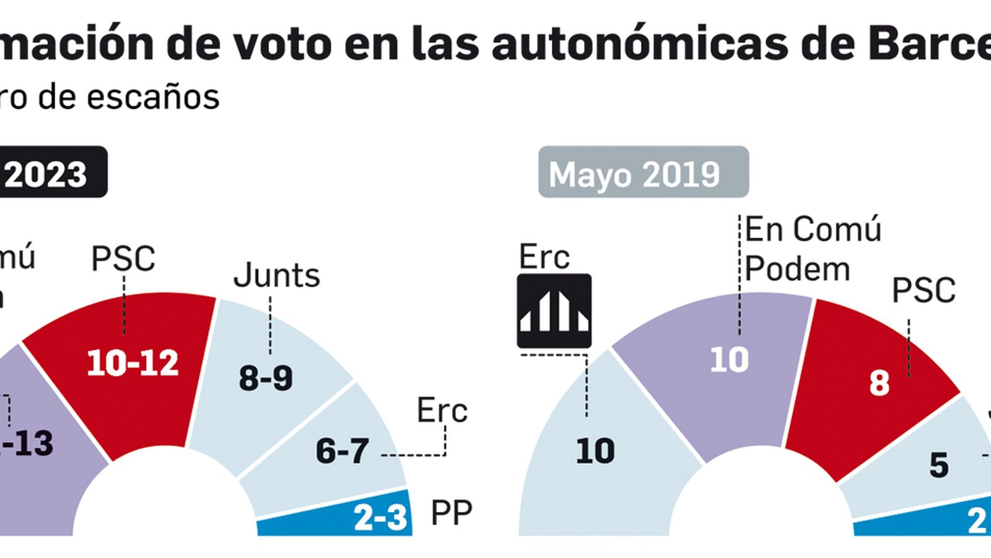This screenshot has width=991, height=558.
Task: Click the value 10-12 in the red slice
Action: pos(133,363)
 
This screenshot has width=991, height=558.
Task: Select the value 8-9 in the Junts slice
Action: pos(266,378)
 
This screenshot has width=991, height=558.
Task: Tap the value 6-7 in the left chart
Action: pos(342,451)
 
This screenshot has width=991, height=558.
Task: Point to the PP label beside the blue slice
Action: pos(451,513)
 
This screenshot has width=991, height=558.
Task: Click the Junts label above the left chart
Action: pos(276,275)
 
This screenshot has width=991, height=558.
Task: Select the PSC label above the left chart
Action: pos(123,259)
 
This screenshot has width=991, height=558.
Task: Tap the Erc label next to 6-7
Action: pos(442,410)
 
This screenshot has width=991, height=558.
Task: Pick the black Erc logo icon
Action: pos(554,311)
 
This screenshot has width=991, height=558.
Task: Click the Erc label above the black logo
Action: pos(544,257)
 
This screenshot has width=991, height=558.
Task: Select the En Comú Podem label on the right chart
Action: pos(811,249)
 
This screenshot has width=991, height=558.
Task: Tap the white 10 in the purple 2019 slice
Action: pos(729,360)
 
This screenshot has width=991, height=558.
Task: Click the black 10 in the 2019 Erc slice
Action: pos(595,451)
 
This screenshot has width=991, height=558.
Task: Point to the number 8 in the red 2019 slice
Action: pos(879,383)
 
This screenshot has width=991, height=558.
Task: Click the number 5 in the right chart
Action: pos(938,465)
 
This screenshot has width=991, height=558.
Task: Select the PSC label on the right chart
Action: pos(923,290)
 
